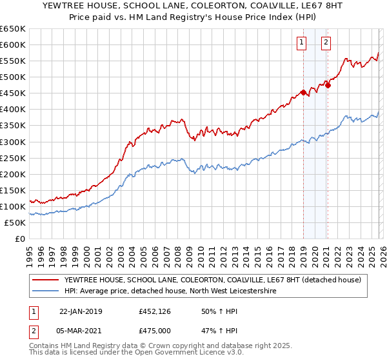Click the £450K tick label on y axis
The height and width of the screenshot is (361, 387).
[12, 93]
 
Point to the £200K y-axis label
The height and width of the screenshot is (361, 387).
[12, 174]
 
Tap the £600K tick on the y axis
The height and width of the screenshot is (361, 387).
[12, 44]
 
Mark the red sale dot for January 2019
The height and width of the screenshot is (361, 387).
[303, 92]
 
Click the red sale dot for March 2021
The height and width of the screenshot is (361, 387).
[328, 84]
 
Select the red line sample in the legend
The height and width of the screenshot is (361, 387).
[45, 280]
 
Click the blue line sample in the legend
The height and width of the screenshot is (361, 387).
[45, 291]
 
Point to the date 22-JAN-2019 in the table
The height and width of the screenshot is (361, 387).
[81, 311]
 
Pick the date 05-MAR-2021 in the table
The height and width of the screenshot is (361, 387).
[81, 331]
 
